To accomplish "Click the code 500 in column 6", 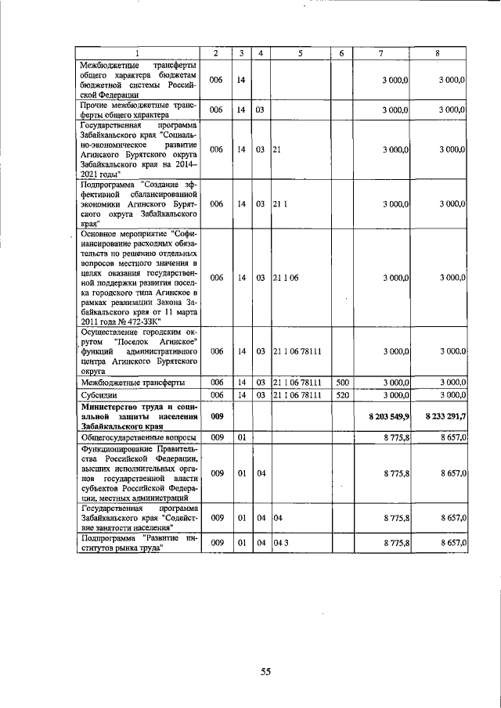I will pyautogui.click(x=341, y=383).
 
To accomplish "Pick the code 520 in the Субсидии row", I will pyautogui.click(x=341, y=396).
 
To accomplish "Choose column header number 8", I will pyautogui.click(x=438, y=52).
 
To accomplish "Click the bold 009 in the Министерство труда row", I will pyautogui.click(x=217, y=417).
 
